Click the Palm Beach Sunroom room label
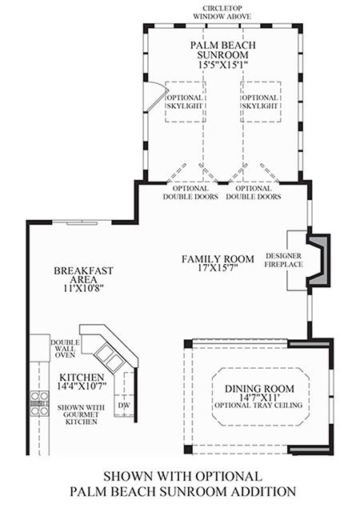[222, 50]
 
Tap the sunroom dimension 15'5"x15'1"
[222, 65]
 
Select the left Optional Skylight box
[186, 102]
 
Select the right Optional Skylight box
[261, 102]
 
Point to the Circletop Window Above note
[222, 13]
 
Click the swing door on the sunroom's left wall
[154, 96]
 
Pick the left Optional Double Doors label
[190, 193]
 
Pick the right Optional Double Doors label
[254, 193]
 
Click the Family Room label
[218, 259]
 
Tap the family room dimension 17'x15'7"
[218, 268]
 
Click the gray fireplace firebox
[318, 260]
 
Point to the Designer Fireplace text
[284, 260]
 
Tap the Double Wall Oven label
[65, 349]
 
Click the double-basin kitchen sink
[109, 357]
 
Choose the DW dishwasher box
[124, 405]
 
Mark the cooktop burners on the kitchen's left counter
[39, 403]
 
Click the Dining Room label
[260, 389]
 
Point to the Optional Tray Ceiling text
[258, 405]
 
